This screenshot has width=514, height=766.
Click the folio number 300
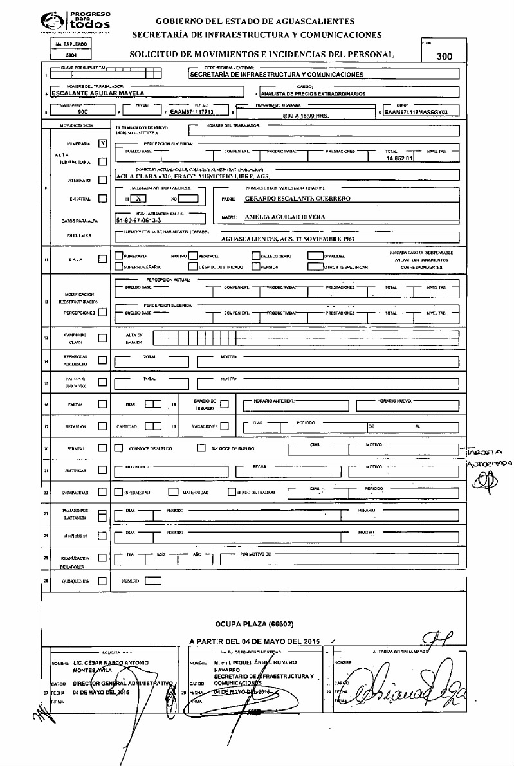point(444,57)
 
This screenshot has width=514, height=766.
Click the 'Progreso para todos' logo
point(75,20)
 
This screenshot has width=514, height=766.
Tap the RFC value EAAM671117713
point(191,110)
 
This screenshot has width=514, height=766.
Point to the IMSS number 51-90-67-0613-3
point(139,220)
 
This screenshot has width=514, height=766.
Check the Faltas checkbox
point(102,405)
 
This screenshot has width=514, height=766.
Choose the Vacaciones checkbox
point(224,426)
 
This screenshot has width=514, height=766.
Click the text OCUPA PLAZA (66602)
point(255,624)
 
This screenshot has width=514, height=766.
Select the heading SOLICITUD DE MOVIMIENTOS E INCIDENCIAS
point(260,55)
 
